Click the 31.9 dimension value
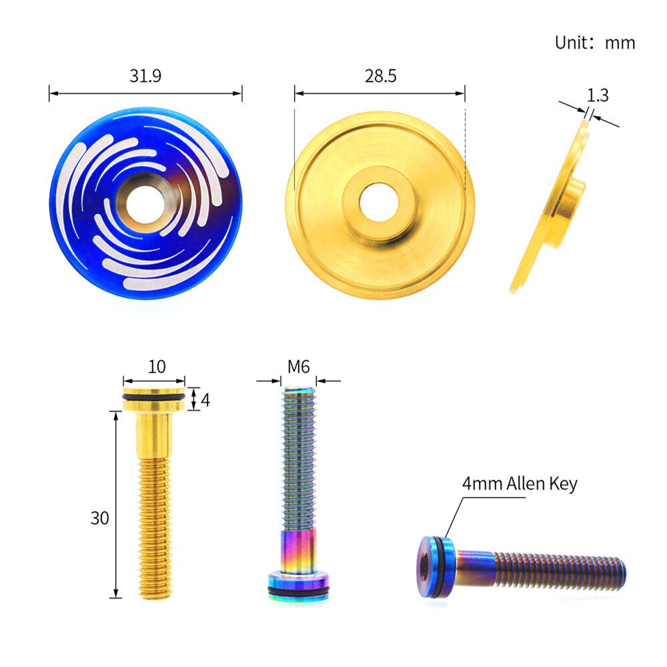click(x=145, y=76)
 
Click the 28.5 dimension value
click(x=380, y=76)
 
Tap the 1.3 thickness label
click(x=598, y=95)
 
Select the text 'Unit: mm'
click(x=594, y=43)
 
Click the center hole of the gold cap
click(x=379, y=202)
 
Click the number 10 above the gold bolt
click(x=157, y=367)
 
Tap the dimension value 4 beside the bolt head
click(x=205, y=400)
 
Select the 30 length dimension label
click(x=99, y=518)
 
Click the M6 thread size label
click(x=298, y=367)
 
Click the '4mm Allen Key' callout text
click(x=520, y=484)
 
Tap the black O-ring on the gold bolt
click(x=154, y=400)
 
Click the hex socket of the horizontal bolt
click(x=427, y=568)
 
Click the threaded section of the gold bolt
click(x=156, y=520)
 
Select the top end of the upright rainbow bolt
click(x=298, y=392)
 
